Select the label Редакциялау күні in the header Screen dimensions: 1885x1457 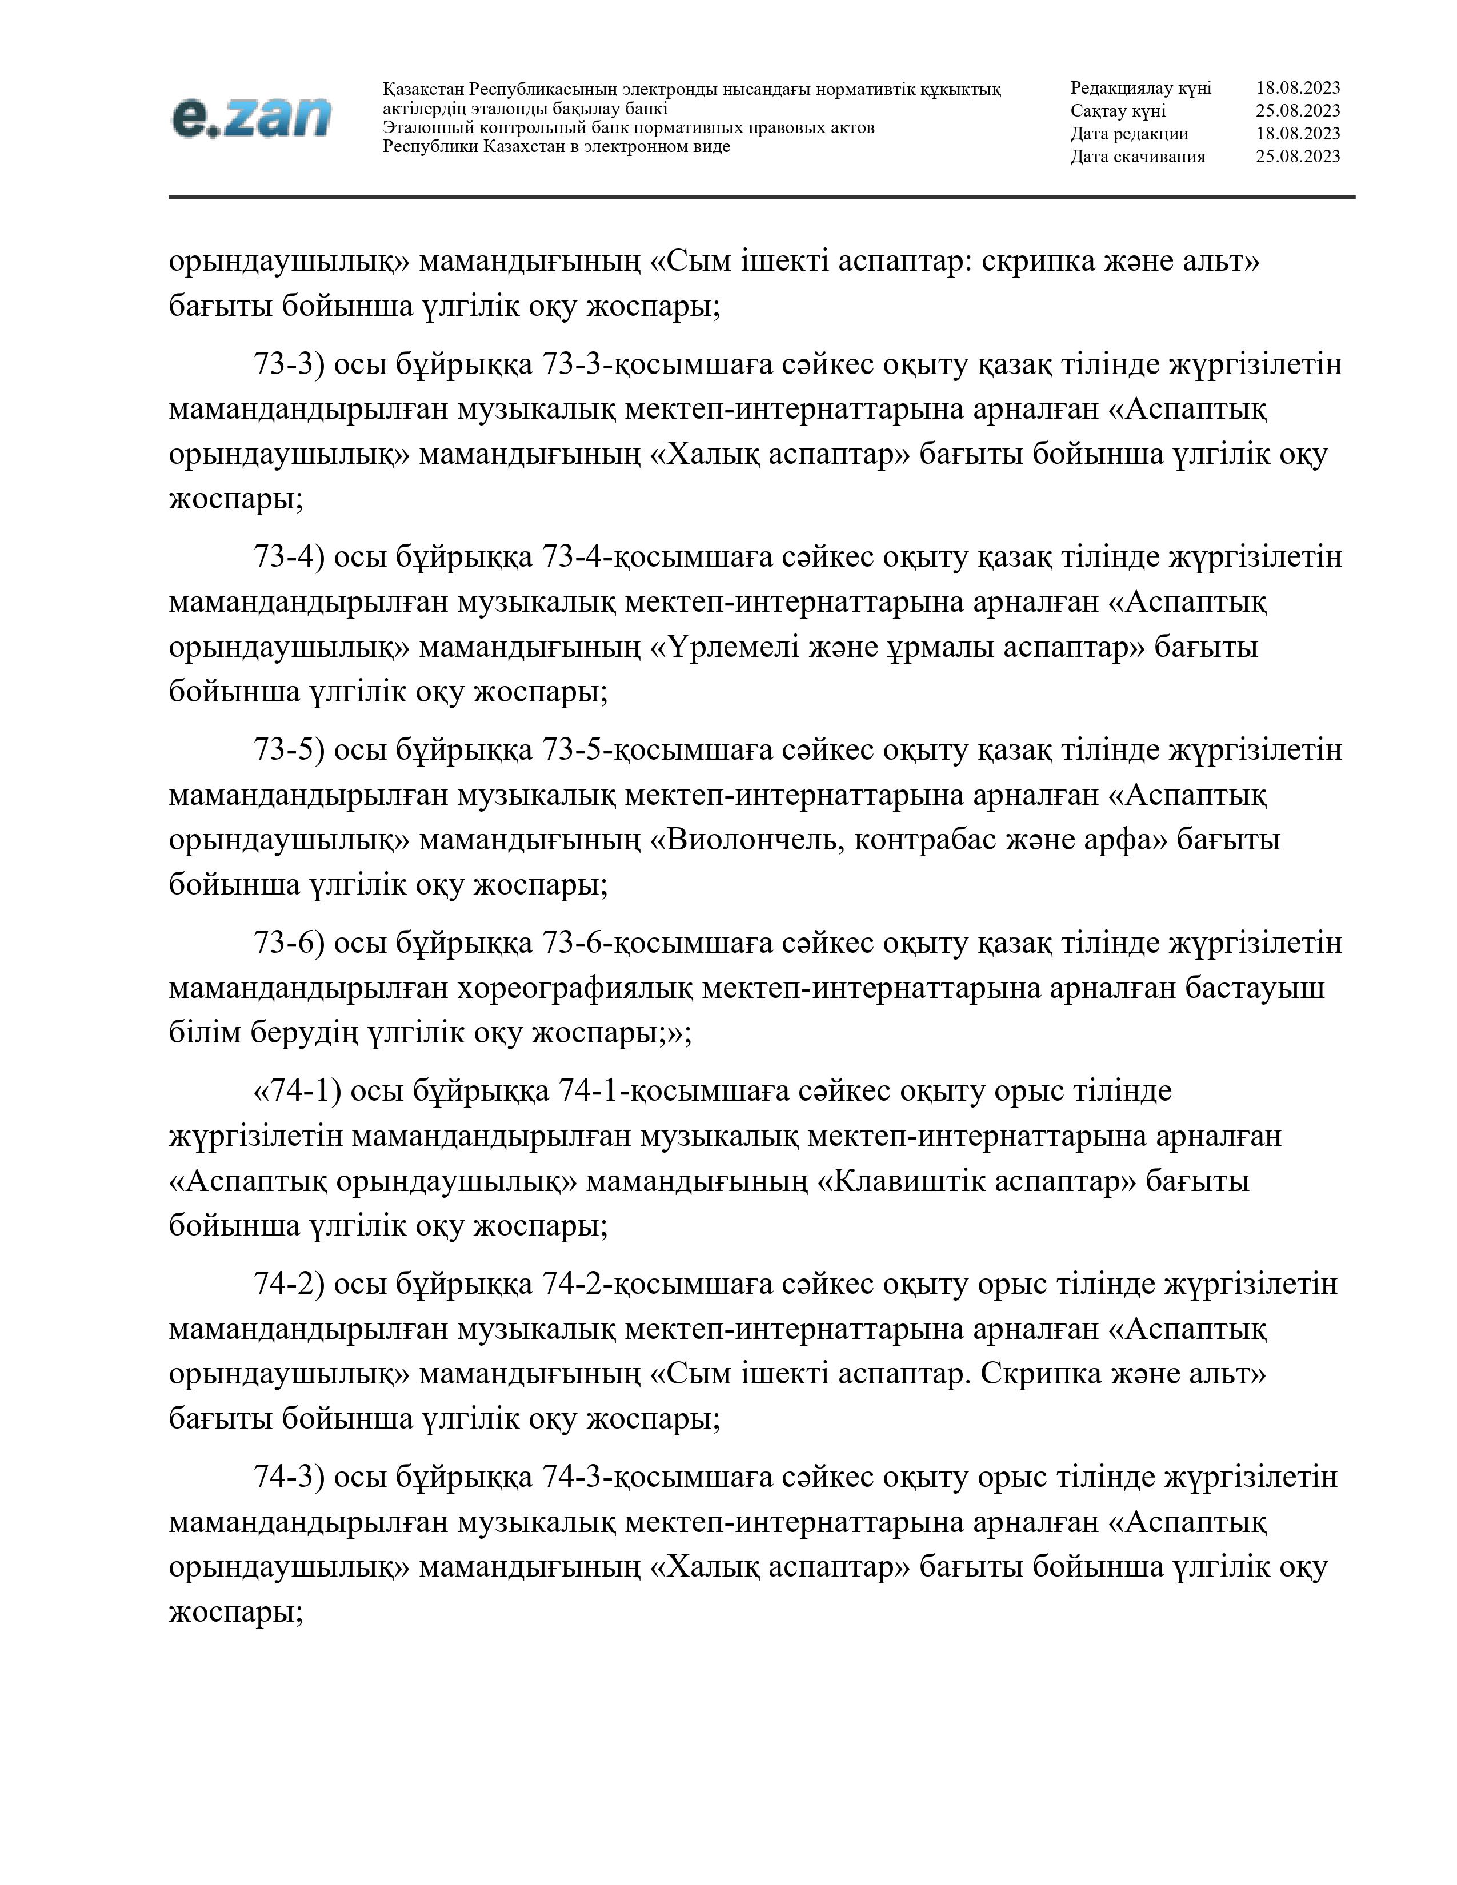pyautogui.click(x=1140, y=88)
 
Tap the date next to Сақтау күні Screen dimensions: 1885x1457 pyautogui.click(x=1298, y=110)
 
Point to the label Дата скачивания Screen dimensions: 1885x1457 pyautogui.click(x=1138, y=156)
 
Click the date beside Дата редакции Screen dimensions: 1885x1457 pyautogui.click(x=1298, y=134)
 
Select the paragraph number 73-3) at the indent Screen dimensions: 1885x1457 pyautogui.click(x=289, y=364)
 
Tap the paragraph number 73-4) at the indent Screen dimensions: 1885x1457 pyautogui.click(x=289, y=557)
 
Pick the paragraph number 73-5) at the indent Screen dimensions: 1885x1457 pyautogui.click(x=289, y=749)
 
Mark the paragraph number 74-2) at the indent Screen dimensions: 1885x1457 pyautogui.click(x=289, y=1284)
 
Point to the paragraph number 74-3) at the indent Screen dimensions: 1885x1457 pyautogui.click(x=289, y=1477)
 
